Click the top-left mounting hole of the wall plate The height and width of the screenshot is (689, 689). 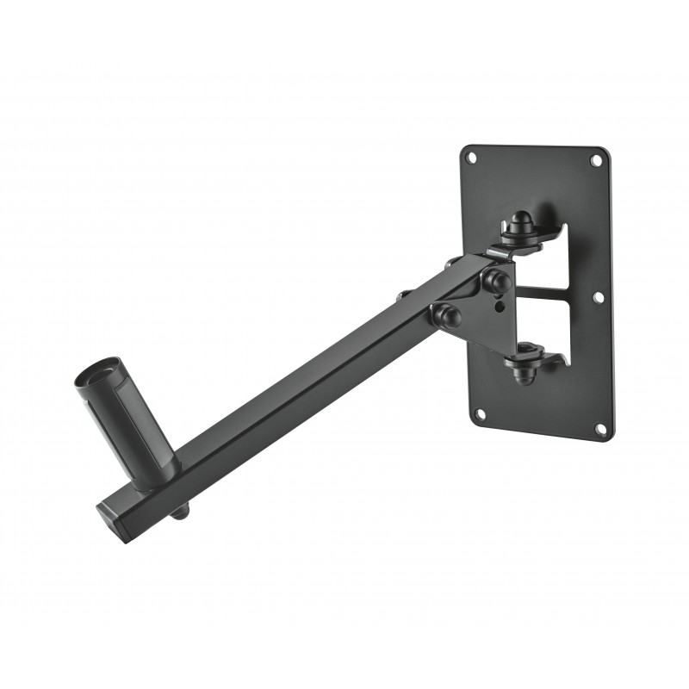pos(471,158)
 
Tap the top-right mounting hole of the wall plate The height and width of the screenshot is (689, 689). pos(596,160)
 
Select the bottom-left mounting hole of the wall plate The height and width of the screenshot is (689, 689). pos(480,413)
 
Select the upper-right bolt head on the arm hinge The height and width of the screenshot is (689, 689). pos(497,280)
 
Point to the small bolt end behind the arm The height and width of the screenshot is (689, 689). pos(401,297)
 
